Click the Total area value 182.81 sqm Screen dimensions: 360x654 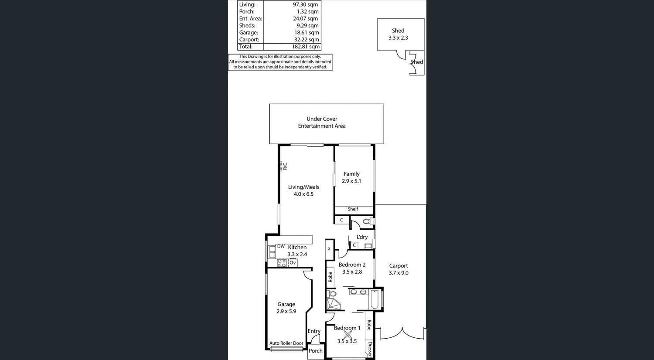tap(306, 47)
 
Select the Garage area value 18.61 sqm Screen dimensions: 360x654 tap(307, 33)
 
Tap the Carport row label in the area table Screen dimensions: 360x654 tap(249, 40)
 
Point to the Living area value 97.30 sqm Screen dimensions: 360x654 tap(305, 5)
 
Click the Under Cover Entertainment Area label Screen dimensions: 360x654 tap(322, 122)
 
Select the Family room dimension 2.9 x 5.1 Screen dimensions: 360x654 tap(351, 181)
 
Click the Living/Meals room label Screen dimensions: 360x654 tap(303, 187)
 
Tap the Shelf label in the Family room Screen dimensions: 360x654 tap(353, 209)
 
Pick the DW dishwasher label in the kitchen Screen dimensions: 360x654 tap(281, 247)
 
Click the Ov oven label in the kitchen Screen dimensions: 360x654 tap(293, 263)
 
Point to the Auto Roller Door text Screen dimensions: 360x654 tap(286, 343)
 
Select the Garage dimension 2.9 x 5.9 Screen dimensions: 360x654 tap(286, 311)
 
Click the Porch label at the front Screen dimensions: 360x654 tap(316, 351)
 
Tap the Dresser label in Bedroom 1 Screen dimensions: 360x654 tap(370, 349)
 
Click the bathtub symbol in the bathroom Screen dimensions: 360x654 tap(375, 299)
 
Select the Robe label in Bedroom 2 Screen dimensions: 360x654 tap(330, 277)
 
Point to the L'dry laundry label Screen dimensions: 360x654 tap(362, 237)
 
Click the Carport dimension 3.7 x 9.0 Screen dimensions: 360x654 tap(399, 273)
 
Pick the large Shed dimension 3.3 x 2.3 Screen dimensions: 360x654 tap(398, 38)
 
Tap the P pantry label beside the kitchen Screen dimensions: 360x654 tap(329, 250)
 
